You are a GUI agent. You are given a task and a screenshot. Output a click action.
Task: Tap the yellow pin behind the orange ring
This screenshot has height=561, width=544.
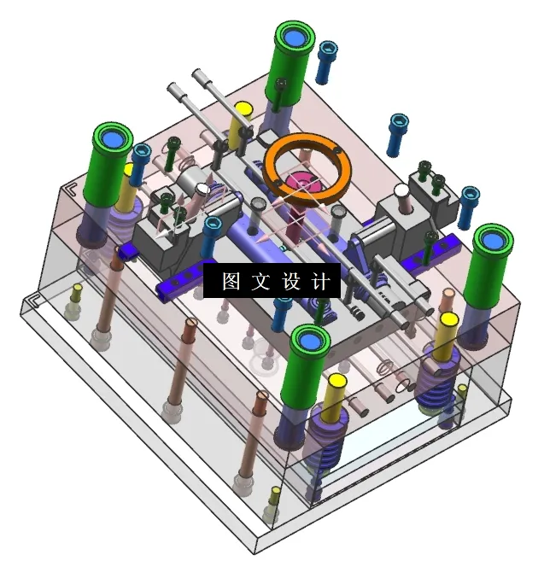click(242, 120)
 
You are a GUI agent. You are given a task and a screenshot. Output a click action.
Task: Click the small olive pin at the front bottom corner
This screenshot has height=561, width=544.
click(274, 502)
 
